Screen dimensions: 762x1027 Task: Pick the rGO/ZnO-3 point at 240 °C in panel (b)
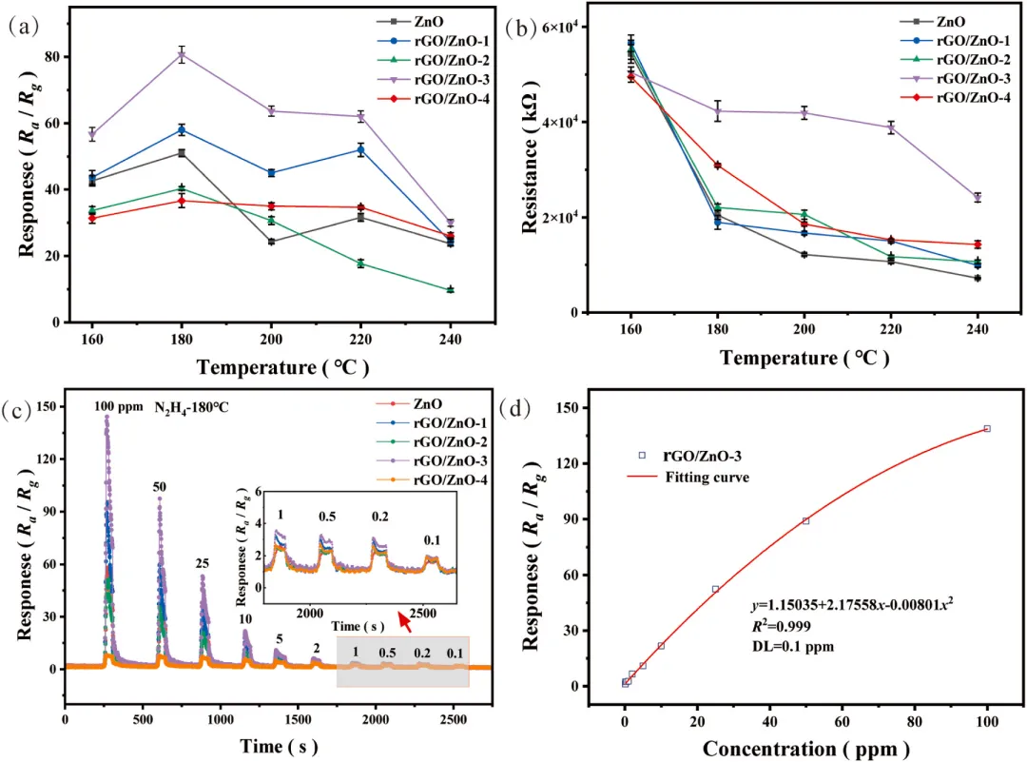coord(977,197)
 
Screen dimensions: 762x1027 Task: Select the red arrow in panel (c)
coord(405,622)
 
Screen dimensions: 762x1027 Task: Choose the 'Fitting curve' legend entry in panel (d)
coord(707,478)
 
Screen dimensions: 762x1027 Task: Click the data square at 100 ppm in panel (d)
coord(987,429)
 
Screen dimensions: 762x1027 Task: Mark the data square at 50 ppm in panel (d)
coord(805,520)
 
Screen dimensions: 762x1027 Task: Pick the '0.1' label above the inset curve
coord(433,539)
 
